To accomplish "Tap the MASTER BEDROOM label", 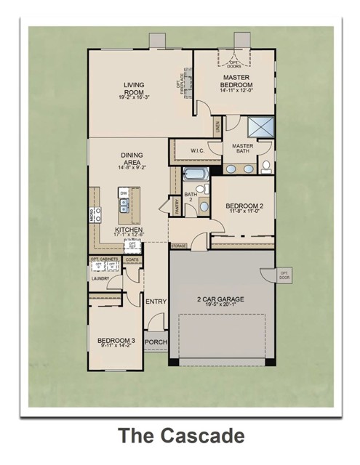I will click(236, 81).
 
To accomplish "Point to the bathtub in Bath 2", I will click(195, 174).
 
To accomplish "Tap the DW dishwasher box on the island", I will click(124, 193).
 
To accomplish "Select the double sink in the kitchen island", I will click(124, 208).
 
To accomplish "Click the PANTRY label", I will click(176, 207).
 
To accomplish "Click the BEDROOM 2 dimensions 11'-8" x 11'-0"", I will click(244, 211).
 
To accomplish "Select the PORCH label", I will click(154, 342).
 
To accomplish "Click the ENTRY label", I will click(156, 302).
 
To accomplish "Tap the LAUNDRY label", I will click(100, 278).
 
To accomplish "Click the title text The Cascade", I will click(181, 437).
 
